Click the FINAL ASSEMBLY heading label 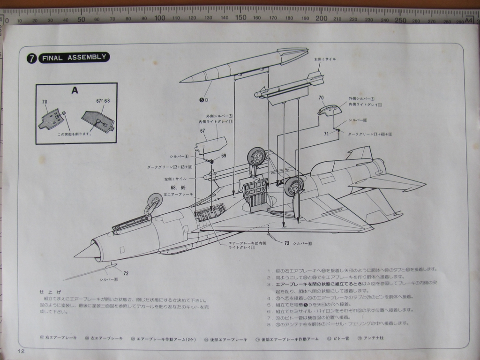pyautogui.click(x=75, y=58)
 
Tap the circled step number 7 pyautogui.click(x=32, y=58)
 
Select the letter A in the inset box pyautogui.click(x=75, y=90)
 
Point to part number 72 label pyautogui.click(x=126, y=273)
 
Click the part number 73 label pyautogui.click(x=286, y=243)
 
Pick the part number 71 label pyautogui.click(x=326, y=134)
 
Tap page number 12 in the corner pyautogui.click(x=22, y=351)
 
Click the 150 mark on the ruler pyautogui.click(x=240, y=18)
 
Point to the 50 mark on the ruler pyautogui.click(x=81, y=19)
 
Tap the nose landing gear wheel pyautogui.click(x=155, y=201)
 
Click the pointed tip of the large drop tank pyautogui.click(x=183, y=80)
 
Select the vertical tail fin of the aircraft pyautogui.click(x=360, y=153)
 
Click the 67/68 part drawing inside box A pyautogui.click(x=97, y=120)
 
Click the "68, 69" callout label pyautogui.click(x=172, y=187)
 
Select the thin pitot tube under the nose pyautogui.click(x=89, y=273)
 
